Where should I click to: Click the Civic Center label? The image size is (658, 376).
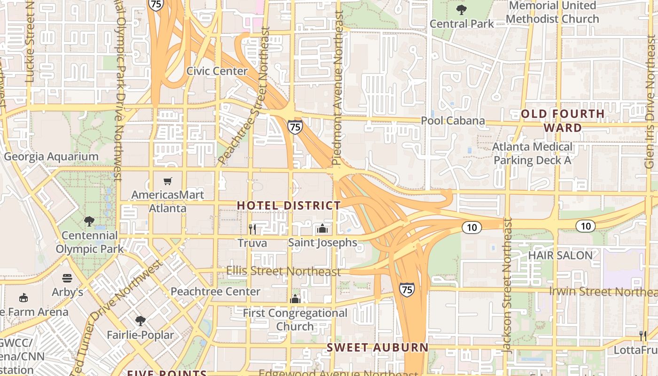pos(217,71)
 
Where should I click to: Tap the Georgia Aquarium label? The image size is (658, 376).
pos(51,157)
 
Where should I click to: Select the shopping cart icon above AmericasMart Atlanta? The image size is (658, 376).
pos(168,181)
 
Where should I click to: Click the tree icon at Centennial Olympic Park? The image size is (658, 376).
pos(89,221)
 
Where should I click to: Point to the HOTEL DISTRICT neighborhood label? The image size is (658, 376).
pos(289,205)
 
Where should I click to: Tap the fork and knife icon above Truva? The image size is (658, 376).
pos(252,229)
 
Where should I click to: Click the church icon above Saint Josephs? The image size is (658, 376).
pos(322,229)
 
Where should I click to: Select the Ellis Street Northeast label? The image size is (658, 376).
pos(283,271)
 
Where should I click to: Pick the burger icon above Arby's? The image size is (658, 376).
pos(67,278)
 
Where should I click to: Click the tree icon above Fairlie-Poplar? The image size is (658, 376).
pos(140,321)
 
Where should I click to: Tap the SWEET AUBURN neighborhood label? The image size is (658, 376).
pos(377,348)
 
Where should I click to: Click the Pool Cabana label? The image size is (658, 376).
pos(453,121)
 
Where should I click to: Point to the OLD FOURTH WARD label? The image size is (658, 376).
pos(563,121)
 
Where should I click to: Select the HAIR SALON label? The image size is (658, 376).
pos(560,255)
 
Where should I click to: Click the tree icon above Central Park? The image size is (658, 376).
pos(462,9)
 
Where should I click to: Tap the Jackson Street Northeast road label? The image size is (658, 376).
pos(507,285)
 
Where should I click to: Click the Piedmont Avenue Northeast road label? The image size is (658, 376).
pos(337,88)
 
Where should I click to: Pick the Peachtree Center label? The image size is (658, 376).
pos(215,291)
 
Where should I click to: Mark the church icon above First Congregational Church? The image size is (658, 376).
pos(295,299)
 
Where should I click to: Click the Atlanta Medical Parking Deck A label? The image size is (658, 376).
pos(532,154)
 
